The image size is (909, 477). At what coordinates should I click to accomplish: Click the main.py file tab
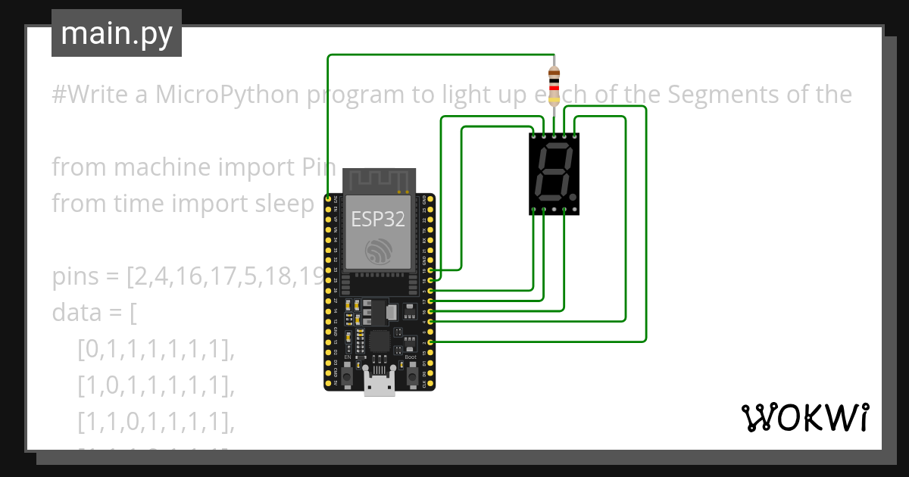tap(116, 34)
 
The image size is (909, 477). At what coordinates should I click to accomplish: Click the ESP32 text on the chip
tap(377, 220)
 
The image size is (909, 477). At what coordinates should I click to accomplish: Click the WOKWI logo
tap(804, 417)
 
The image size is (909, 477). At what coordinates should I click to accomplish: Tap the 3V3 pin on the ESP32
tap(328, 198)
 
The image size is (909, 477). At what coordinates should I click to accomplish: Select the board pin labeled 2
tap(430, 342)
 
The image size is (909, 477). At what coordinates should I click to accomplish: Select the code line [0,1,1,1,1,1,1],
tap(156, 349)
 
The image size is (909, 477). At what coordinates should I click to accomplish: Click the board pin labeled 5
tap(430, 291)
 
